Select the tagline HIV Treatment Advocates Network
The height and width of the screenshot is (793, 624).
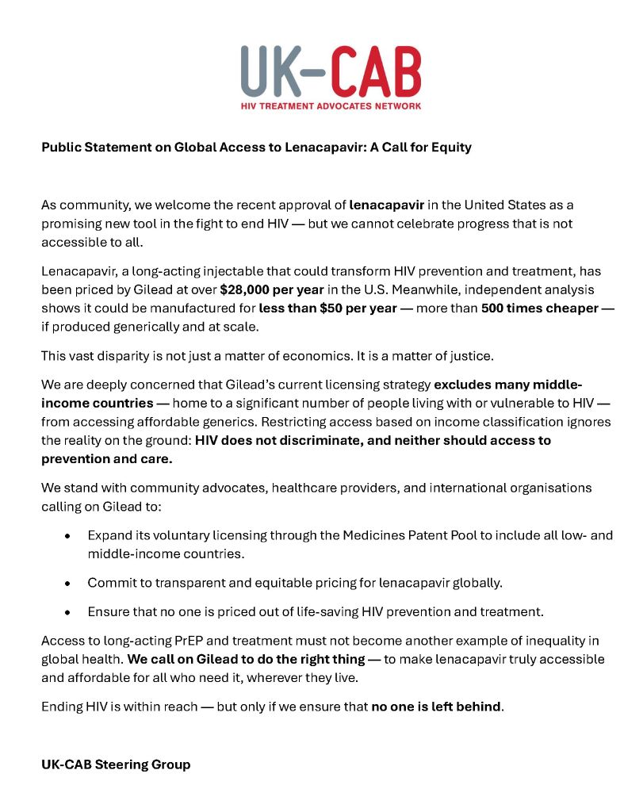(x=331, y=105)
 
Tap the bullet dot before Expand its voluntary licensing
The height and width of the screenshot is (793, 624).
(x=68, y=536)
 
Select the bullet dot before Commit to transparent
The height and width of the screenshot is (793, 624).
(x=68, y=583)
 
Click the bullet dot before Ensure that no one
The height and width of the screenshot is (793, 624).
(x=68, y=612)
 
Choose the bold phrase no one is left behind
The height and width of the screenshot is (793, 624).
(x=436, y=706)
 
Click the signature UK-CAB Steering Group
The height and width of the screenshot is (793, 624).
(x=116, y=764)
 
